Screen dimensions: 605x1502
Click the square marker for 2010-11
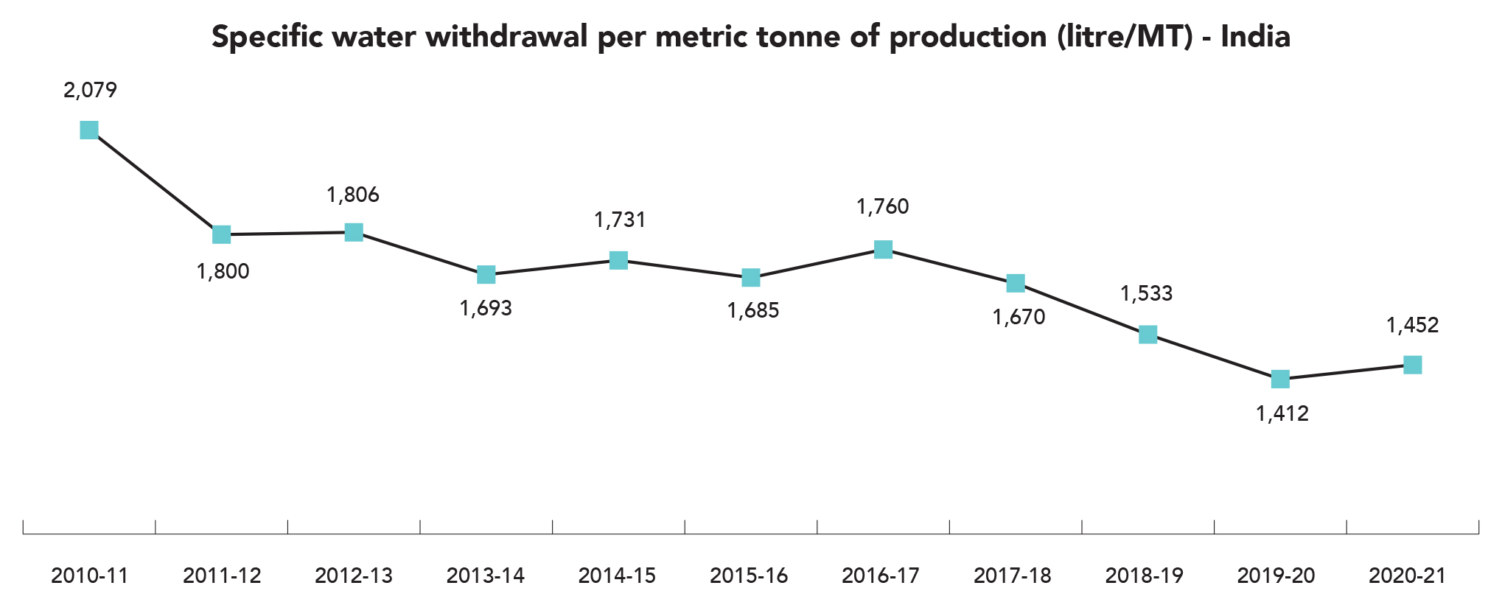89,130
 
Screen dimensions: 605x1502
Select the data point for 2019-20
1280,380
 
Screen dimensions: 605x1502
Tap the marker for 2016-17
883,250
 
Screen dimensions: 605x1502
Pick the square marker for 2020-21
1412,365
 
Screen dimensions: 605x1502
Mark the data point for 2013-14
486,275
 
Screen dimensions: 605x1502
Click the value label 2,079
90,91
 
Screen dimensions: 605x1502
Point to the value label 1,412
1282,414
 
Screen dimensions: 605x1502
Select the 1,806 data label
353,195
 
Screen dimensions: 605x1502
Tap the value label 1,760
882,207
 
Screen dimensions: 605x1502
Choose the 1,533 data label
1146,294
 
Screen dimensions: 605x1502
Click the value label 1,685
752,311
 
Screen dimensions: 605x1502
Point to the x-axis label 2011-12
222,576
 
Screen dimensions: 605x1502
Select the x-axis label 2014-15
617,576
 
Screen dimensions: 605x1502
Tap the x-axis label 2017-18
1012,576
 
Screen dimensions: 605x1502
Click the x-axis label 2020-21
1407,576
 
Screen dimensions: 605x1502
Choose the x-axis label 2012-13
354,576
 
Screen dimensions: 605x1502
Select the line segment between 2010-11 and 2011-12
156,183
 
